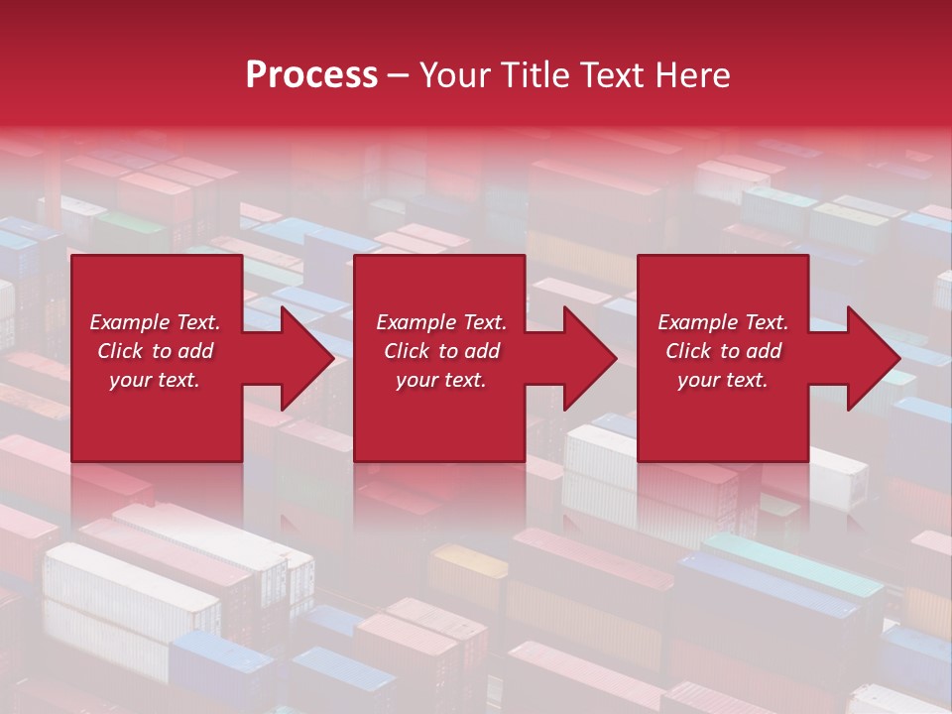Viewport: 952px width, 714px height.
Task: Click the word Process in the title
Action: [x=311, y=75]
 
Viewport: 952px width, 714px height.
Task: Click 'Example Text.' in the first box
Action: [x=155, y=322]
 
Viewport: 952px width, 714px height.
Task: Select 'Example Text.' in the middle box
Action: [x=441, y=322]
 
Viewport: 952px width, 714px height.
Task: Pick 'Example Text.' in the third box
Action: [x=723, y=322]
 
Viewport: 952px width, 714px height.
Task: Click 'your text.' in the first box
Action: [x=155, y=380]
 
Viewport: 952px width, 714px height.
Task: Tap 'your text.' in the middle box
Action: [x=441, y=380]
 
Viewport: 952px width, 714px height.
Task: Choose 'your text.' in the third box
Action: [x=723, y=380]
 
